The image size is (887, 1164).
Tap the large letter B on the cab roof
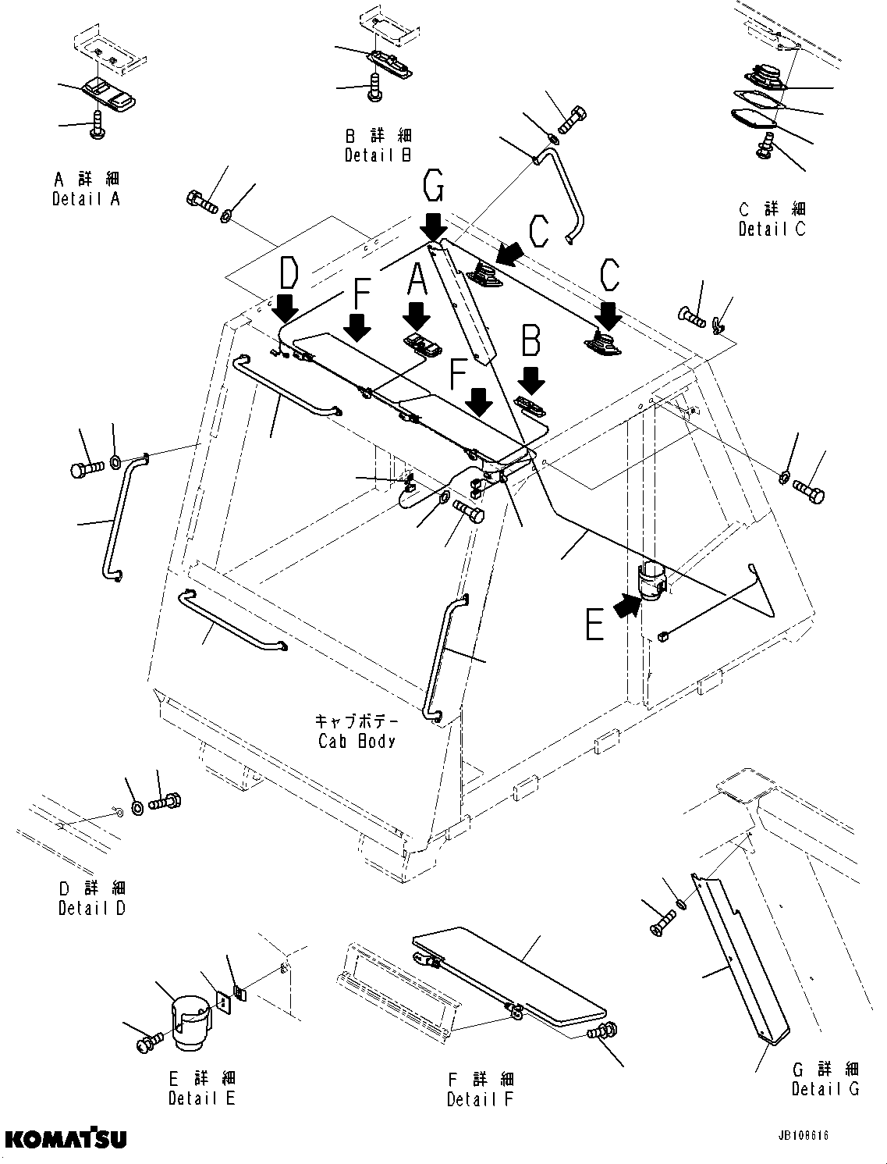click(x=531, y=342)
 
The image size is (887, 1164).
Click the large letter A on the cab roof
click(x=417, y=279)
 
